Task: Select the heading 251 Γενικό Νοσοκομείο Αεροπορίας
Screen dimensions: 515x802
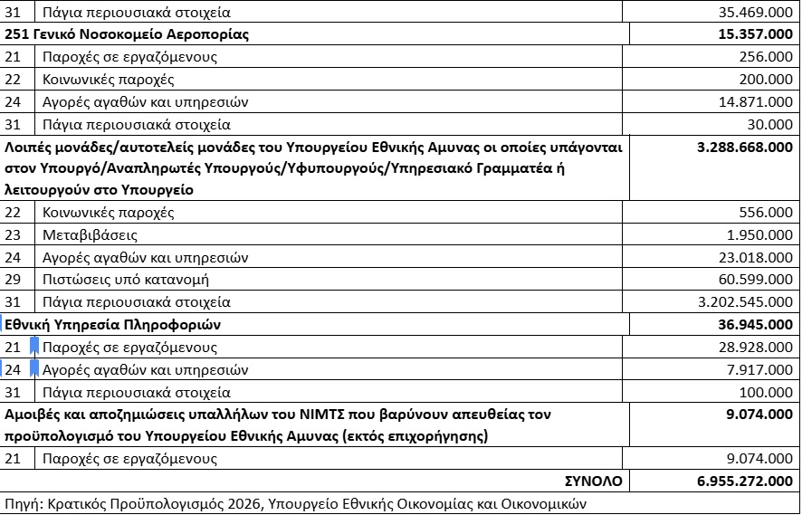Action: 127,34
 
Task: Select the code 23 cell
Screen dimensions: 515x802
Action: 13,235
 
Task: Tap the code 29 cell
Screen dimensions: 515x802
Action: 13,280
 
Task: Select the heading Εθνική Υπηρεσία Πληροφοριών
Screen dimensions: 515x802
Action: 113,324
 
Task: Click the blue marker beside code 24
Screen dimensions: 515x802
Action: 33,369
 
